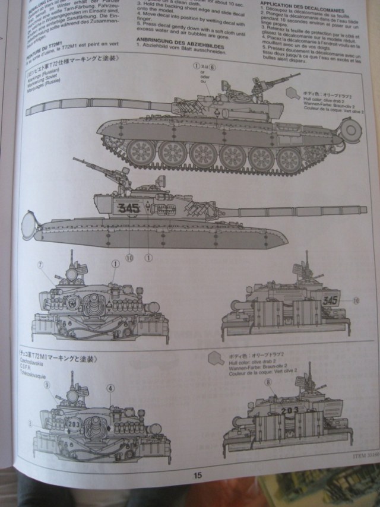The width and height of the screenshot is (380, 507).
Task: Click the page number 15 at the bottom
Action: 198,474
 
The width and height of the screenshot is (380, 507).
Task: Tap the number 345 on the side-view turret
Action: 129,208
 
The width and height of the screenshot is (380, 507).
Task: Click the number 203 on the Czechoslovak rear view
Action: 290,409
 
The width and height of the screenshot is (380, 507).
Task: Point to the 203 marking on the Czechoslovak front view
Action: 74,424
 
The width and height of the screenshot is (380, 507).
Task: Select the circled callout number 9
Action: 46,384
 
